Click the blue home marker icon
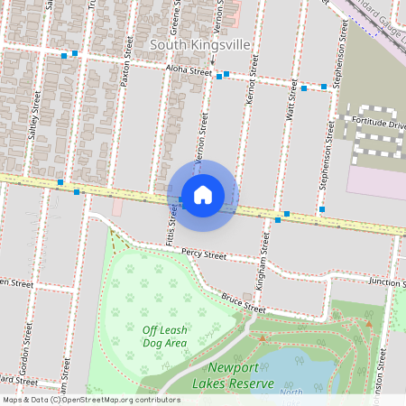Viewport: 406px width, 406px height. coord(203,195)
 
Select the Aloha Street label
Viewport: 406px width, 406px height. coord(188,69)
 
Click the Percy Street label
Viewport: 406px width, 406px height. coord(203,254)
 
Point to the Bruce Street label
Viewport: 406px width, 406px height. coord(244,302)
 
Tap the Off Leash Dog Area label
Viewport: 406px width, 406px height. coord(164,336)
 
